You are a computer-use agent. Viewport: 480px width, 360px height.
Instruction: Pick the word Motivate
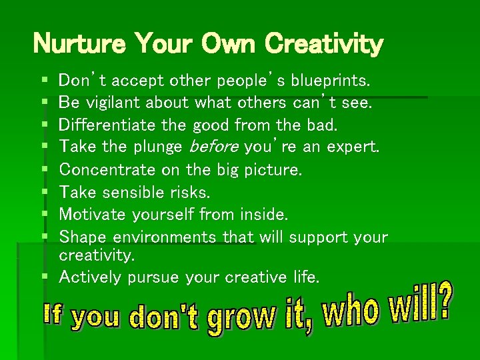pos(92,214)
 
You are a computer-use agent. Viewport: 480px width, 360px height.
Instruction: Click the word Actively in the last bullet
pos(88,276)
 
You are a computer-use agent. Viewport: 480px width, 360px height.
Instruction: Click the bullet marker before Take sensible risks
pos(44,193)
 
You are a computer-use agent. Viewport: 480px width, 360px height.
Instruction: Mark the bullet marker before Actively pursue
pos(44,277)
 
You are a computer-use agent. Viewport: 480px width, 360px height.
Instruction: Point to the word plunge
pos(158,147)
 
